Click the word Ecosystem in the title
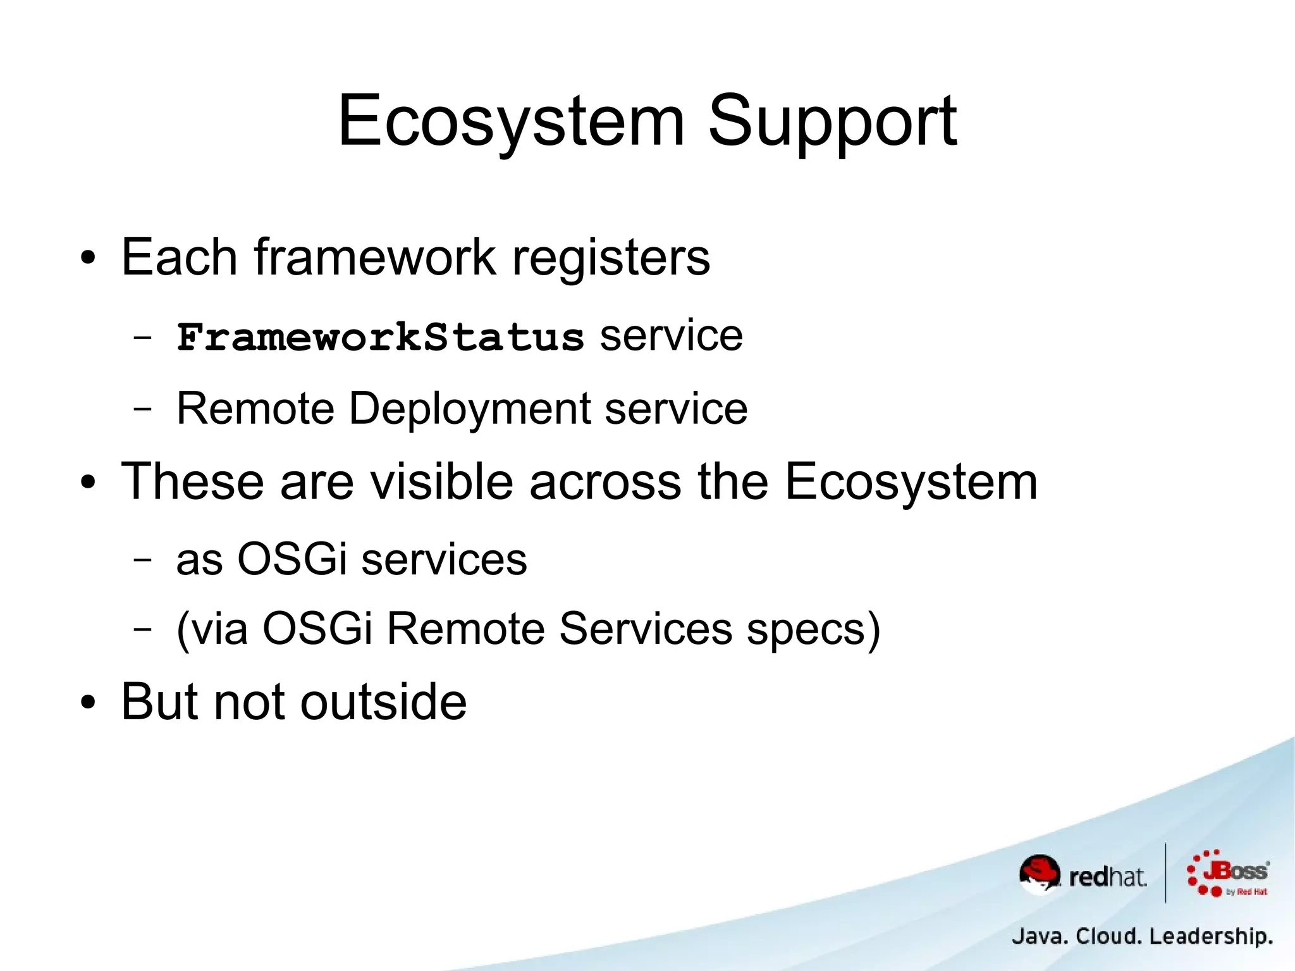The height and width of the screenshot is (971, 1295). tap(511, 121)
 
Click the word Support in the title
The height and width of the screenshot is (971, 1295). tap(832, 121)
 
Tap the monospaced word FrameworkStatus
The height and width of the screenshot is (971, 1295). tap(380, 337)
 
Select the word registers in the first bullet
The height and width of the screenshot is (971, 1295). tap(611, 257)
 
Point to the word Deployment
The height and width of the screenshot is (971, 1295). tap(470, 409)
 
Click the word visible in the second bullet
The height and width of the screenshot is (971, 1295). tap(440, 482)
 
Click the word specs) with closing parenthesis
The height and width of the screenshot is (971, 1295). tap(813, 629)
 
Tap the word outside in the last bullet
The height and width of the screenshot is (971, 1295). tap(383, 702)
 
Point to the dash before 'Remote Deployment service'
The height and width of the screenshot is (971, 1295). tap(143, 409)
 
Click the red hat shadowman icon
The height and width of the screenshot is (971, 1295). tap(1039, 874)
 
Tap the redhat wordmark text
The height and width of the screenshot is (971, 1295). tap(1107, 877)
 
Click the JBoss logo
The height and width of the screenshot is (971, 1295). tap(1228, 874)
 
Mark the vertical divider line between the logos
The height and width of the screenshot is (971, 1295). tap(1165, 873)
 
